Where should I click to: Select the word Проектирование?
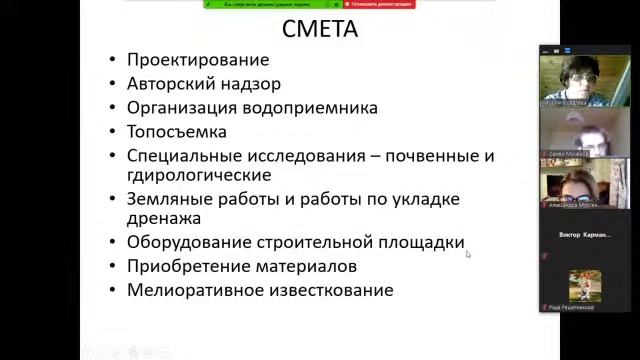pyautogui.click(x=199, y=60)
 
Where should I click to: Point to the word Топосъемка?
pyautogui.click(x=177, y=132)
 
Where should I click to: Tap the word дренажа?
pyautogui.click(x=164, y=218)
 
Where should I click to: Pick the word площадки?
pyautogui.click(x=421, y=242)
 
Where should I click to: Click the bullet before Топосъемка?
pyautogui.click(x=114, y=132)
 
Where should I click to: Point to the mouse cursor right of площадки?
pyautogui.click(x=468, y=254)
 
